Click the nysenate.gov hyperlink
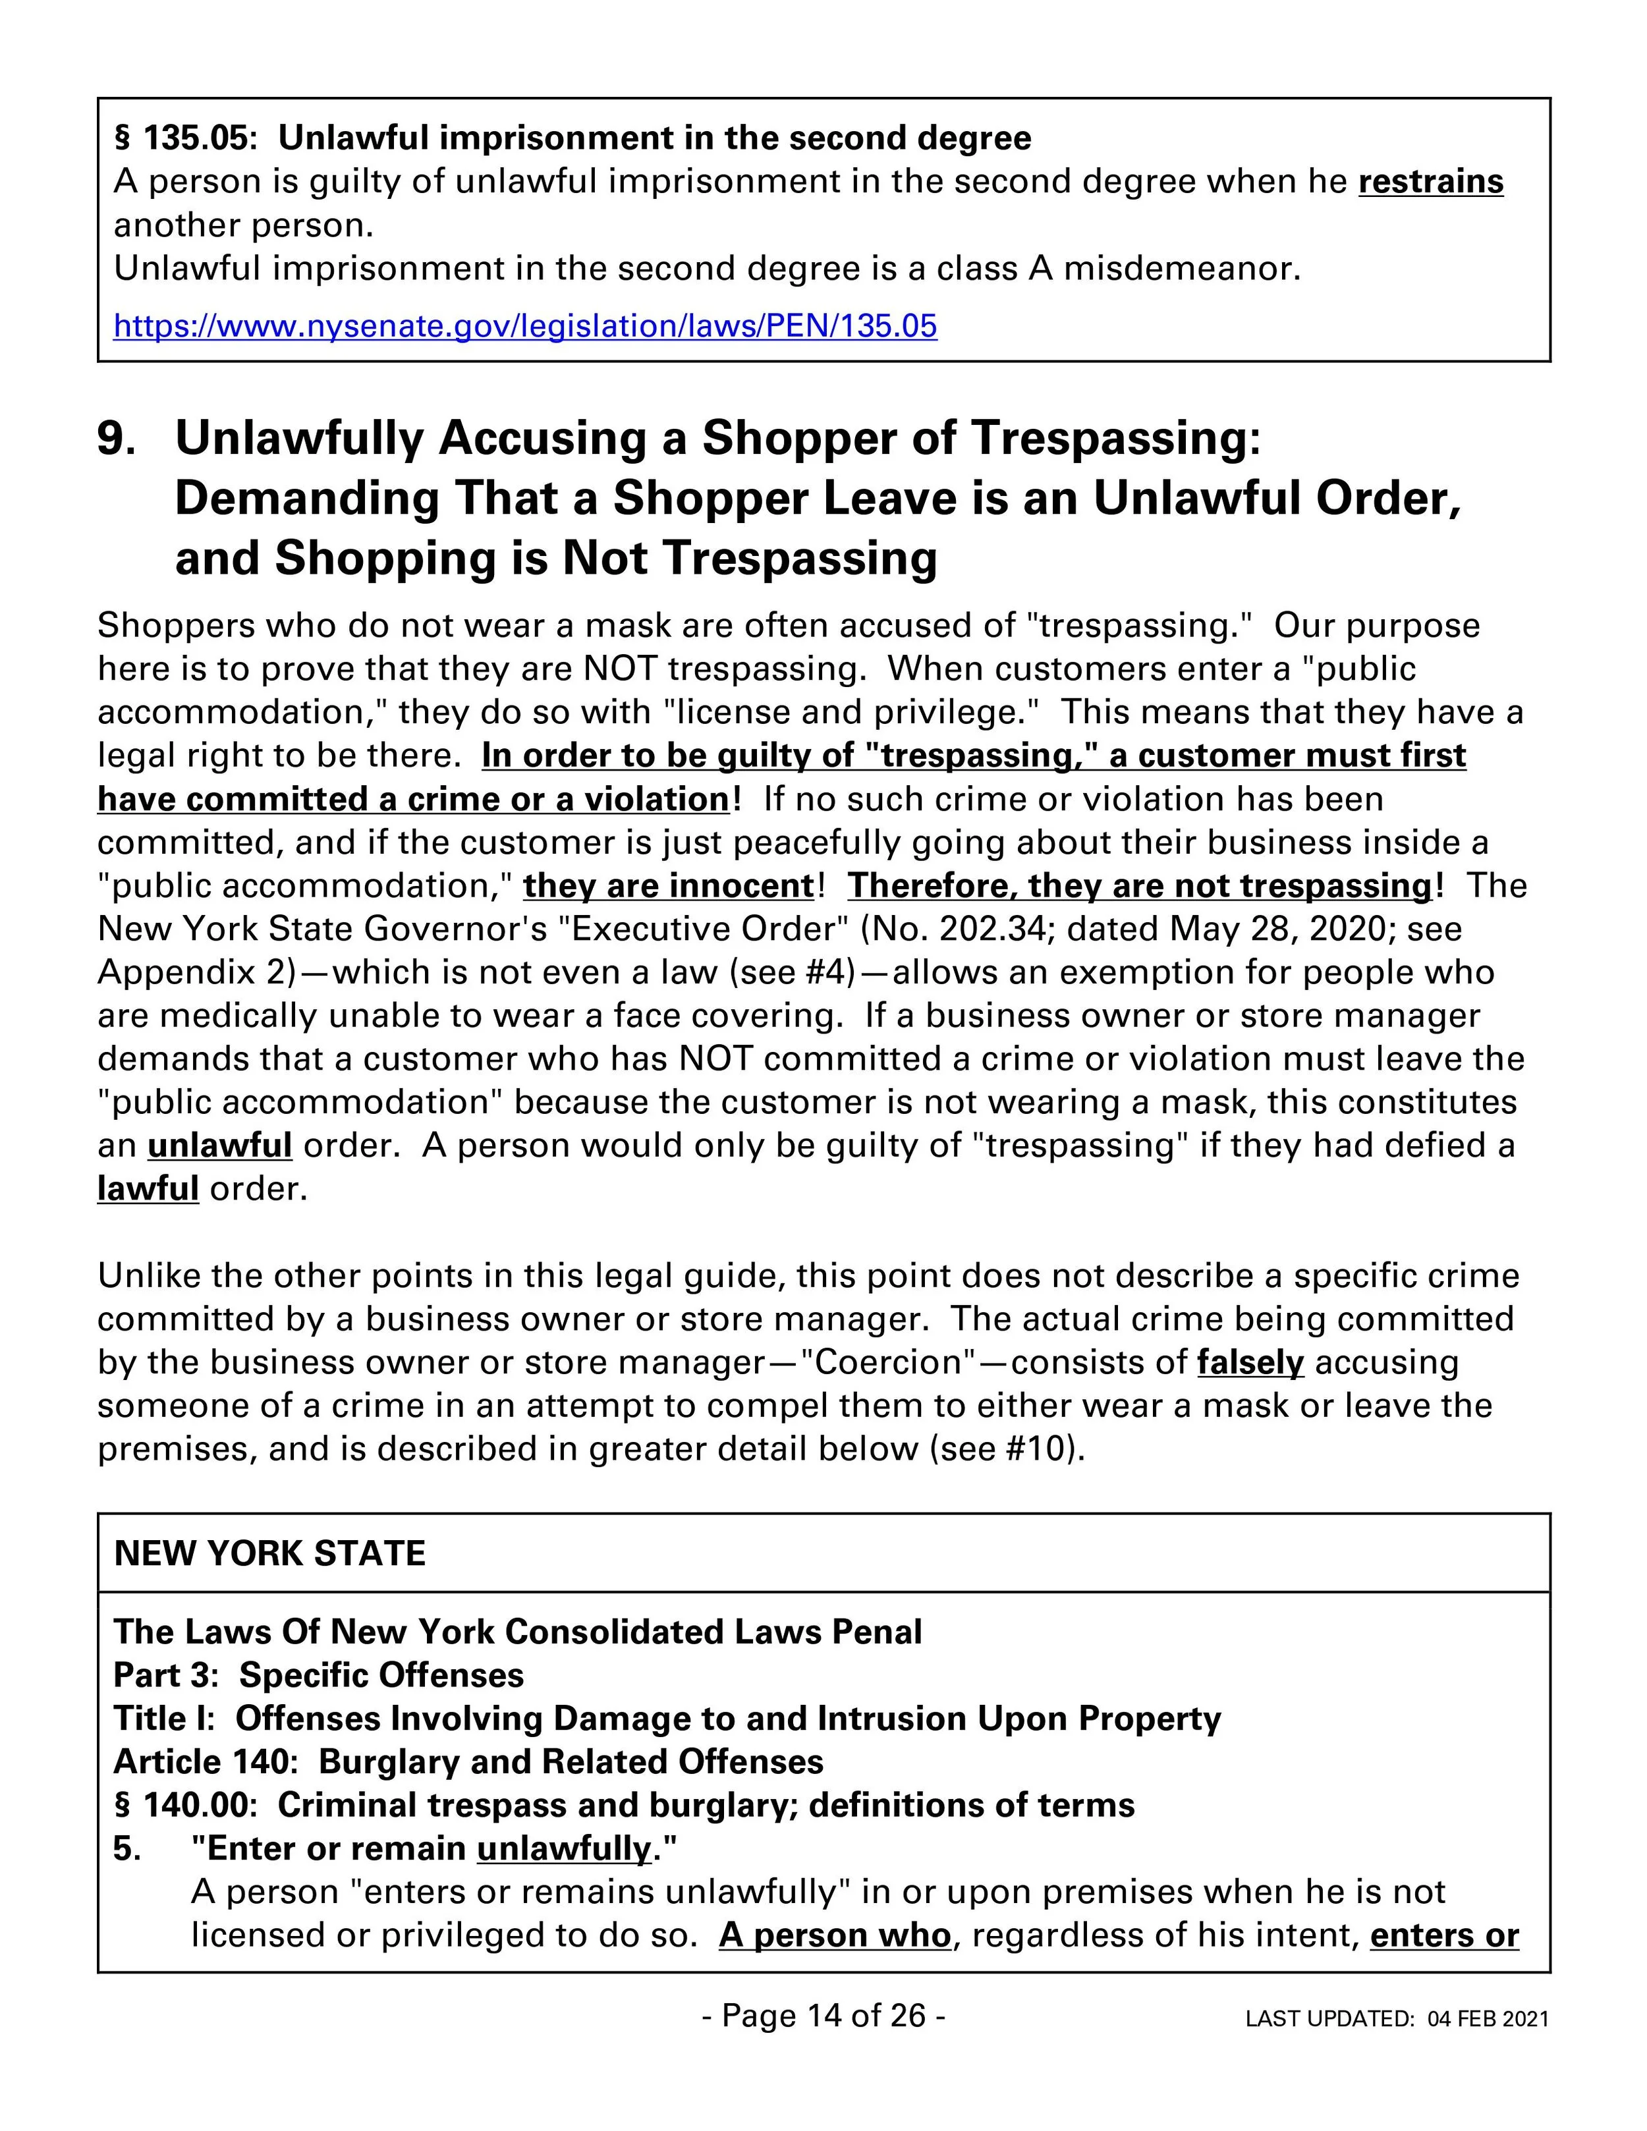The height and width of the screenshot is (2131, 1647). pyautogui.click(x=525, y=325)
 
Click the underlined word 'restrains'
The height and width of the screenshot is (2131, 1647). pyautogui.click(x=1430, y=182)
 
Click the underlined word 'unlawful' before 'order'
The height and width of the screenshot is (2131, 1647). pyautogui.click(x=219, y=1144)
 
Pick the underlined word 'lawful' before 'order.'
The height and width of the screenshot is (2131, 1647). pyautogui.click(x=148, y=1188)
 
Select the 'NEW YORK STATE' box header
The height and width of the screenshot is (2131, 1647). pyautogui.click(x=270, y=1553)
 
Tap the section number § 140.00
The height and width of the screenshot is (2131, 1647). pyautogui.click(x=185, y=1804)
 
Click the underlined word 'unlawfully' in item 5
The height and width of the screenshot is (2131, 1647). pyautogui.click(x=563, y=1847)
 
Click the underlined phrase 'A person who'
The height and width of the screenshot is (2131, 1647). pyautogui.click(x=834, y=1934)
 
